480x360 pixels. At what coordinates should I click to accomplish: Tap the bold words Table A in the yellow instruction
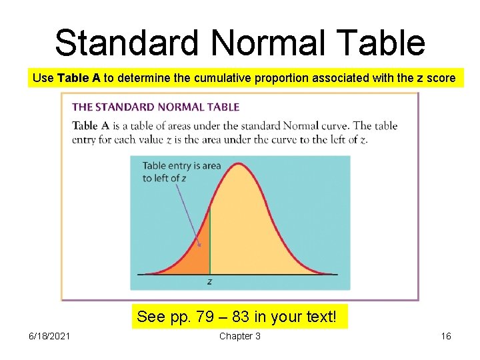pyautogui.click(x=79, y=78)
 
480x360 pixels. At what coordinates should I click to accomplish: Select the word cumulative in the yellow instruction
pyautogui.click(x=221, y=78)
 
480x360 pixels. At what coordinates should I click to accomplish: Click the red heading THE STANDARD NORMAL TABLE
pyautogui.click(x=155, y=107)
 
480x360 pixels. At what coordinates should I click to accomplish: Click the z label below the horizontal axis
pyautogui.click(x=210, y=282)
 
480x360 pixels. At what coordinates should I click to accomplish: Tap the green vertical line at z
pyautogui.click(x=210, y=240)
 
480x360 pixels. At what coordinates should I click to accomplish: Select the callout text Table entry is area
pyautogui.click(x=181, y=166)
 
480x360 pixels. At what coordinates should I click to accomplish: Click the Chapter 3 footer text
pyautogui.click(x=240, y=336)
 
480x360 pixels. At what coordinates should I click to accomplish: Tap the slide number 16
pyautogui.click(x=445, y=336)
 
